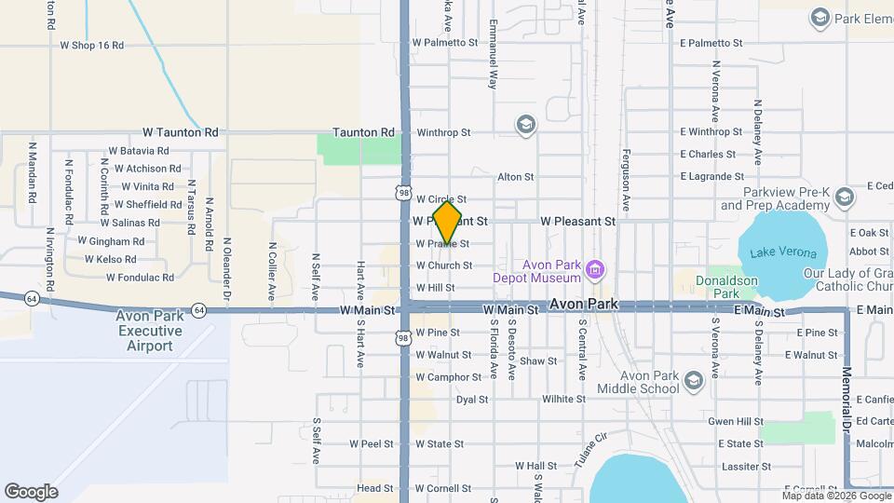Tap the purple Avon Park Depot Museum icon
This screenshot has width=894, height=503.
(596, 272)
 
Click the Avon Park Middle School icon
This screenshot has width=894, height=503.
(693, 381)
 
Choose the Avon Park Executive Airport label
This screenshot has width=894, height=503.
(149, 331)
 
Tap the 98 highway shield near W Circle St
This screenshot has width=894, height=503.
(402, 193)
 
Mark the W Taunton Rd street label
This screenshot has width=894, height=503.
(180, 133)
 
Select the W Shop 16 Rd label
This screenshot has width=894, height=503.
(91, 45)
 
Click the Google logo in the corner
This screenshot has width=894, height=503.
(31, 492)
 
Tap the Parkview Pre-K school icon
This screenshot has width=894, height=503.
(845, 197)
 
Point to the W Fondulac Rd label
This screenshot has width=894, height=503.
(140, 278)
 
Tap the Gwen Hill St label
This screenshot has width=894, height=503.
(736, 422)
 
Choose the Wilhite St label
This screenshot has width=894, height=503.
(563, 399)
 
